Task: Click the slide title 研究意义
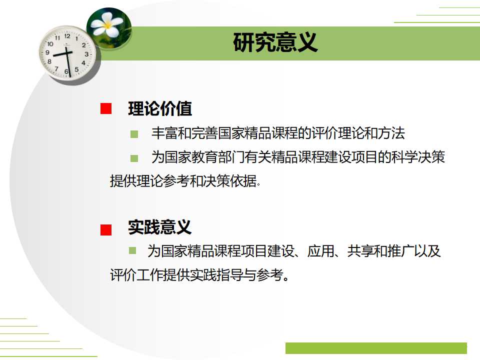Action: pyautogui.click(x=275, y=43)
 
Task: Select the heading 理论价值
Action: pyautogui.click(x=160, y=108)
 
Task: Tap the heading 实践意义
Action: pyautogui.click(x=160, y=227)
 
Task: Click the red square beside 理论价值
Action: pyautogui.click(x=106, y=109)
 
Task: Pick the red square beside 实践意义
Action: pyautogui.click(x=106, y=229)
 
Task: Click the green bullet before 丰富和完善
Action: pyautogui.click(x=134, y=134)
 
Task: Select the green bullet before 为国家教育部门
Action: pyautogui.click(x=134, y=158)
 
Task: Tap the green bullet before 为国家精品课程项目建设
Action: pyautogui.click(x=132, y=250)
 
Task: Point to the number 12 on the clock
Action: pyautogui.click(x=67, y=36)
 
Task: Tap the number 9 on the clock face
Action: pyautogui.click(x=48, y=52)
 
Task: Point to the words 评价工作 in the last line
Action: pyautogui.click(x=135, y=275)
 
